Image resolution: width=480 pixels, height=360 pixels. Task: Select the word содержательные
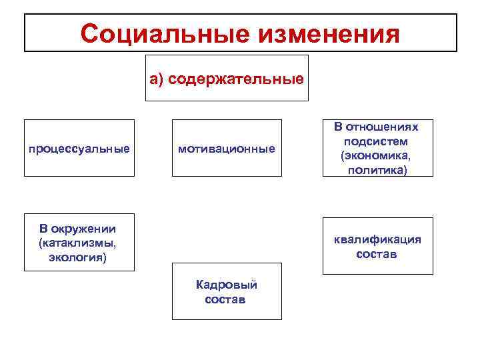click(x=236, y=80)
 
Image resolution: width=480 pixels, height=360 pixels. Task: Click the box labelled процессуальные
click(x=79, y=148)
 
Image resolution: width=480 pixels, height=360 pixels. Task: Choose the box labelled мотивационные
click(x=227, y=148)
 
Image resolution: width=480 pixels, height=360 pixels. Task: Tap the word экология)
click(x=78, y=257)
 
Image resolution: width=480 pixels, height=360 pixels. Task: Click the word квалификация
click(x=377, y=240)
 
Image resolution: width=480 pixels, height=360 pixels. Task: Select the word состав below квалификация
click(x=377, y=255)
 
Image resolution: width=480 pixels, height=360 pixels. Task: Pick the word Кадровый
click(x=226, y=285)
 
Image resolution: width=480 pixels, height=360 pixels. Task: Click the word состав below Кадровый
click(x=225, y=300)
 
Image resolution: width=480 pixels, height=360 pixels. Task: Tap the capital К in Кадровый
click(x=199, y=285)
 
